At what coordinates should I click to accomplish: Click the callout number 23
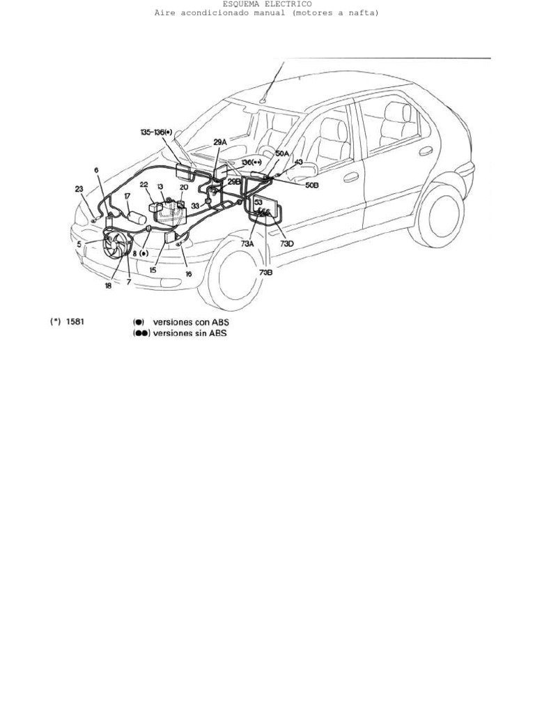79,188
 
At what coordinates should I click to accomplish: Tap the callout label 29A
220,142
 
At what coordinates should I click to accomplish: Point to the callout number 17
127,197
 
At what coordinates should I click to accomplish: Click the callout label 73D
287,245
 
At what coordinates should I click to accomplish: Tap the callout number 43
298,162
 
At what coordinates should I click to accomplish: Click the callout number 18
108,284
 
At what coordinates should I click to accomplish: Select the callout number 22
144,185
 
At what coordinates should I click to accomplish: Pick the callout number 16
188,275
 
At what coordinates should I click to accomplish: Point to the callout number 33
195,206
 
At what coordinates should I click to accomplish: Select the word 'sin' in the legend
203,333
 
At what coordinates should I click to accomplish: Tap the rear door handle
426,151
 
